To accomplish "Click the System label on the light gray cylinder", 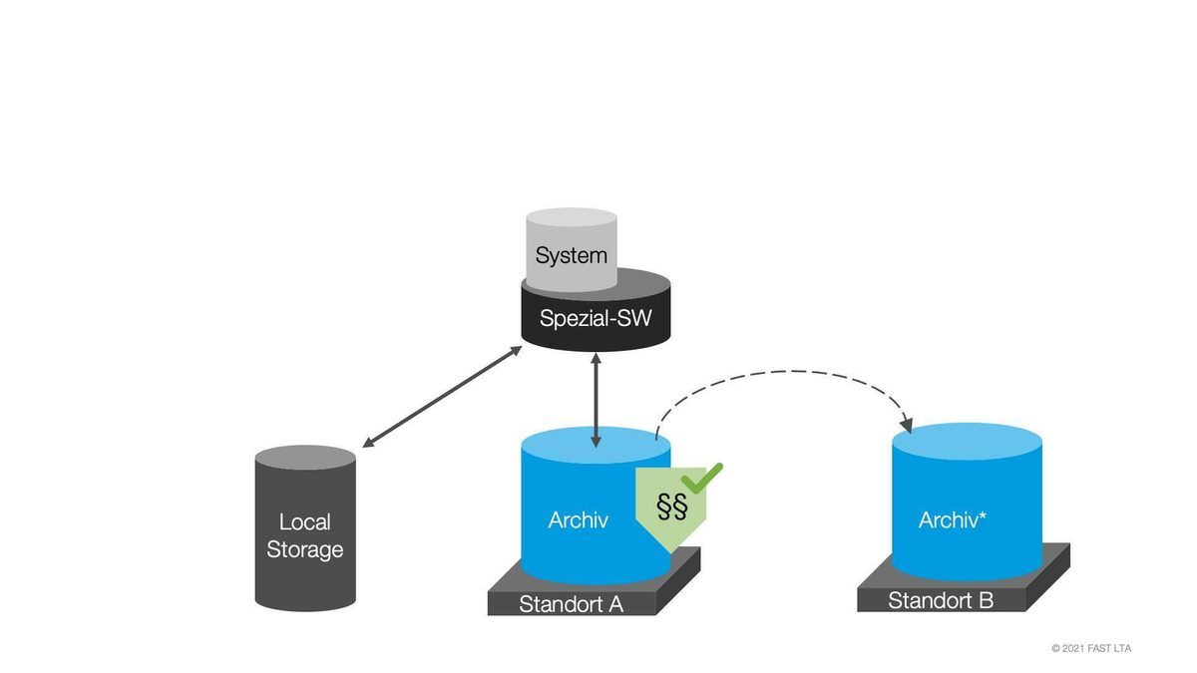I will [x=571, y=255].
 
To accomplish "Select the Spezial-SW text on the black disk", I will [x=595, y=319].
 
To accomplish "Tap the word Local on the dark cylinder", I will [x=304, y=521].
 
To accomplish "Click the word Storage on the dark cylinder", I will [x=304, y=549].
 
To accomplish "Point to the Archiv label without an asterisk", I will [x=579, y=519].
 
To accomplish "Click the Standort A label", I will [x=571, y=604].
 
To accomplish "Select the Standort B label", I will [x=941, y=600].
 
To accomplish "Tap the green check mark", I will [x=704, y=477].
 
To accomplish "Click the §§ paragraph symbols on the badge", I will [x=671, y=506].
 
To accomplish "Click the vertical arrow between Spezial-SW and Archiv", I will [x=597, y=399].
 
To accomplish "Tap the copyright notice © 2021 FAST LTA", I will [x=1091, y=648].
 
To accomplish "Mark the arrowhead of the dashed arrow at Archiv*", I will [x=907, y=424].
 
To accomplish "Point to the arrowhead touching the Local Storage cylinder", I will [x=367, y=444].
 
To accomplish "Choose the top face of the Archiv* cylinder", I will [x=967, y=440].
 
